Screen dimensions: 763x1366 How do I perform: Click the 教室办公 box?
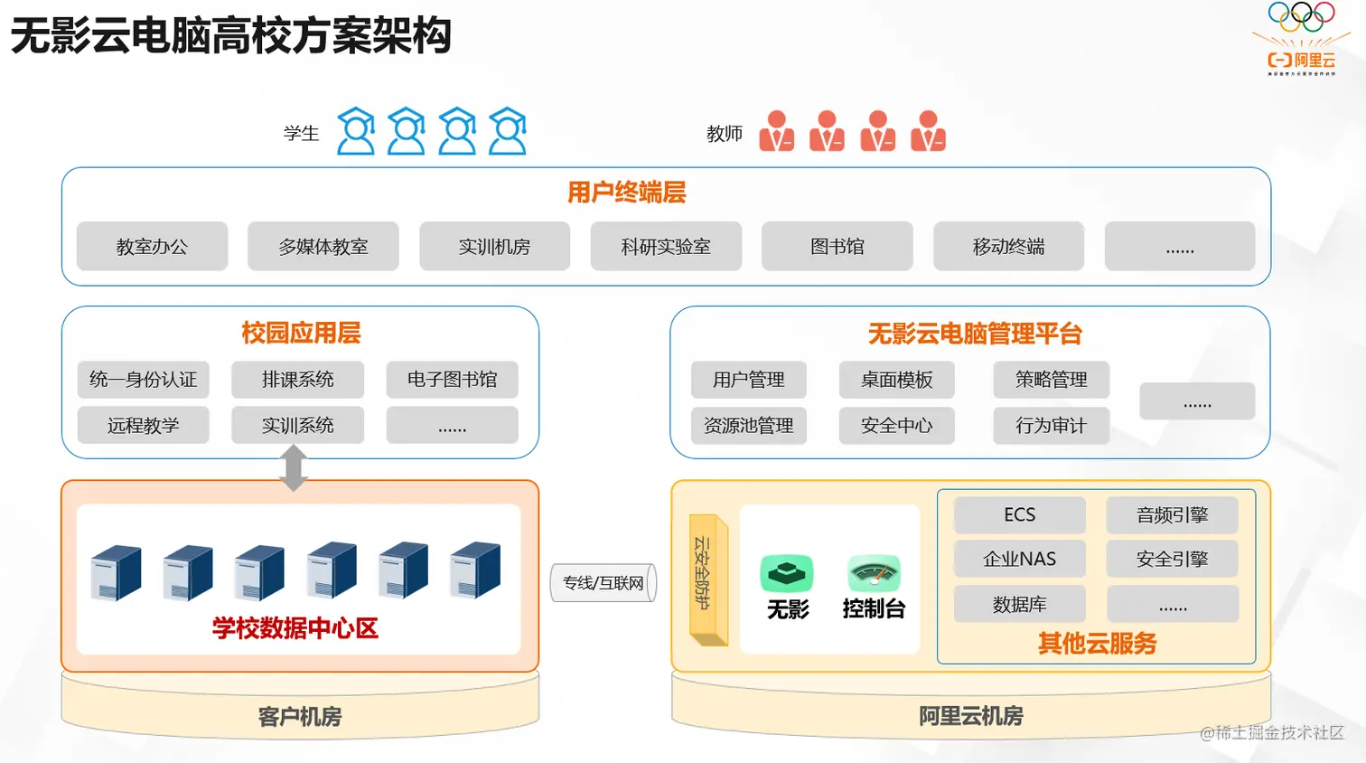point(152,246)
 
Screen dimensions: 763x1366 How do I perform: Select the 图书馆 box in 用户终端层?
point(837,246)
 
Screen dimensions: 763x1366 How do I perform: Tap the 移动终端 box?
point(1008,246)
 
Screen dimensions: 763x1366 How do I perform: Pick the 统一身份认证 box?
point(143,380)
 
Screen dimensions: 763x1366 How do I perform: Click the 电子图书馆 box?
point(452,380)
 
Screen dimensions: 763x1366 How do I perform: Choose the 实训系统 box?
point(297,425)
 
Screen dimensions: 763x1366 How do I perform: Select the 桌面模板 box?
point(896,380)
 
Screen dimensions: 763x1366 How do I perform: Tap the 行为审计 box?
point(1051,425)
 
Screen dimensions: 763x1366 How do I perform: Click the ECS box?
point(1019,514)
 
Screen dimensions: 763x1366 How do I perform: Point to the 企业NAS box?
point(1019,559)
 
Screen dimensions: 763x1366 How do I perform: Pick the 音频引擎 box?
point(1172,514)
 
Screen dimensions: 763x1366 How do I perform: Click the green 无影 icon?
point(787,573)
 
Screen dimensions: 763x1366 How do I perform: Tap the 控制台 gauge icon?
point(874,573)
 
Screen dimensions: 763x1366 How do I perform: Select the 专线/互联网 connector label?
point(603,583)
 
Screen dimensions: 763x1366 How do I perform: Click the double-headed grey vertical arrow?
point(294,468)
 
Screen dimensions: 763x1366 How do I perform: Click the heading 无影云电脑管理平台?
point(975,334)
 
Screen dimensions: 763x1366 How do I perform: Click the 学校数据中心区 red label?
point(295,628)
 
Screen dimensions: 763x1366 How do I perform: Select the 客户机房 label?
point(299,717)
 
